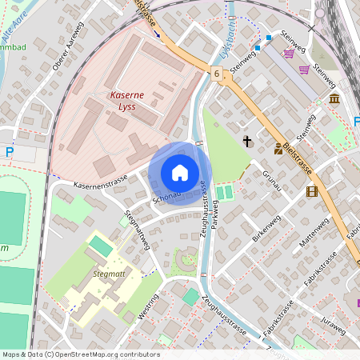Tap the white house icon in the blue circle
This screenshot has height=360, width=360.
coord(180,173)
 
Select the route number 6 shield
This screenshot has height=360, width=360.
coord(217,74)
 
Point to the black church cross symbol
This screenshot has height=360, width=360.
coord(247,142)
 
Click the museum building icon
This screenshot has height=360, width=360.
coord(334,98)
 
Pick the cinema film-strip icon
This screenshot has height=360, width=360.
coord(311,191)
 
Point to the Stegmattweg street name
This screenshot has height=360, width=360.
coord(138,230)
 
